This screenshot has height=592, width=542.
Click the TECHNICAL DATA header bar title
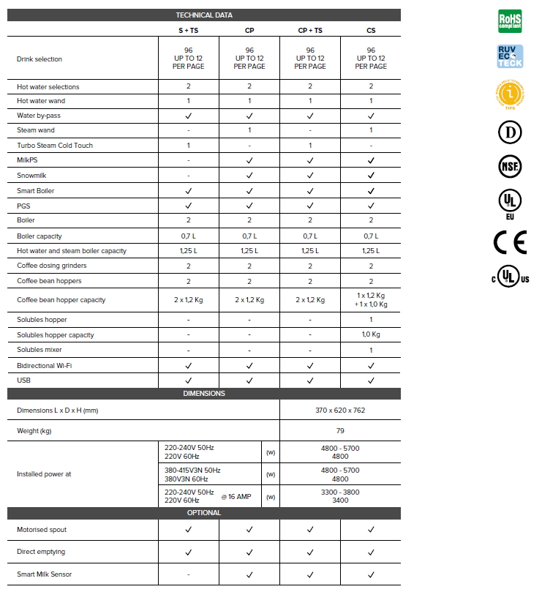tap(204, 15)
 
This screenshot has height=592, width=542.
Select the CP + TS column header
tap(310, 30)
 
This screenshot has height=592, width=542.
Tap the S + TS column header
tap(188, 30)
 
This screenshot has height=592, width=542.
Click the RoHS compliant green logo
tap(510, 20)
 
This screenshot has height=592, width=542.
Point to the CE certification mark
tap(510, 241)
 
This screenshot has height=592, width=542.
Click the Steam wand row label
tap(36, 130)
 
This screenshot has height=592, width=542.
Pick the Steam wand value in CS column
tap(371, 130)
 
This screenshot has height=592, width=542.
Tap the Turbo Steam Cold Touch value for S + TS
tap(188, 145)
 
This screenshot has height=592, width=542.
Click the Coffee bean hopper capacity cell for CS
tap(371, 300)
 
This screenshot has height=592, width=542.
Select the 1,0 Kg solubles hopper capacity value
tap(371, 334)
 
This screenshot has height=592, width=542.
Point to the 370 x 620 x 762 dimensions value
tap(340, 411)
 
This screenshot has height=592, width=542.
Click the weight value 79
tap(340, 431)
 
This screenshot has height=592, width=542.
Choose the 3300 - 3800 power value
tap(340, 492)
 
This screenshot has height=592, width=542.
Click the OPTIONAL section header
tap(204, 512)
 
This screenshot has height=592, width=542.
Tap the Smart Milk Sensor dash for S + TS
tap(188, 574)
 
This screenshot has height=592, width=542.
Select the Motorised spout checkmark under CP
tap(249, 529)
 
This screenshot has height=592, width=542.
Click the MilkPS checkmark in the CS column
tap(371, 160)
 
